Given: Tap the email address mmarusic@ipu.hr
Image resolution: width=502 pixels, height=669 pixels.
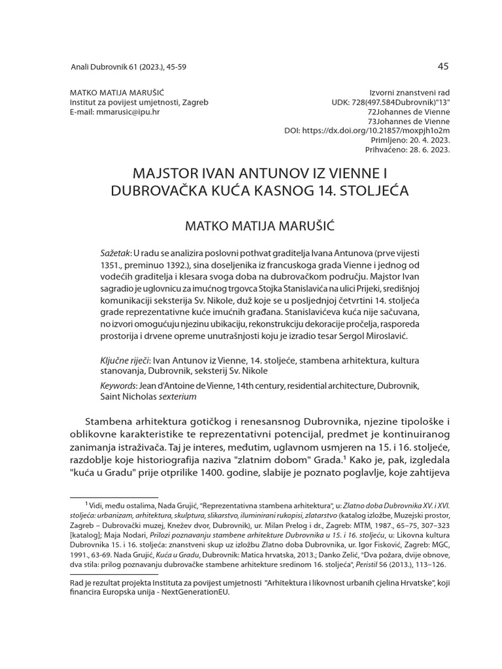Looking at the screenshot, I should (114, 112).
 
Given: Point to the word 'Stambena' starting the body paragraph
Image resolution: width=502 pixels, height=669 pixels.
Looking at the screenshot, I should (111, 419).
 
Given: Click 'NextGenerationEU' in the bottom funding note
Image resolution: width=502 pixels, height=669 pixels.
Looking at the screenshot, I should (198, 594).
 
